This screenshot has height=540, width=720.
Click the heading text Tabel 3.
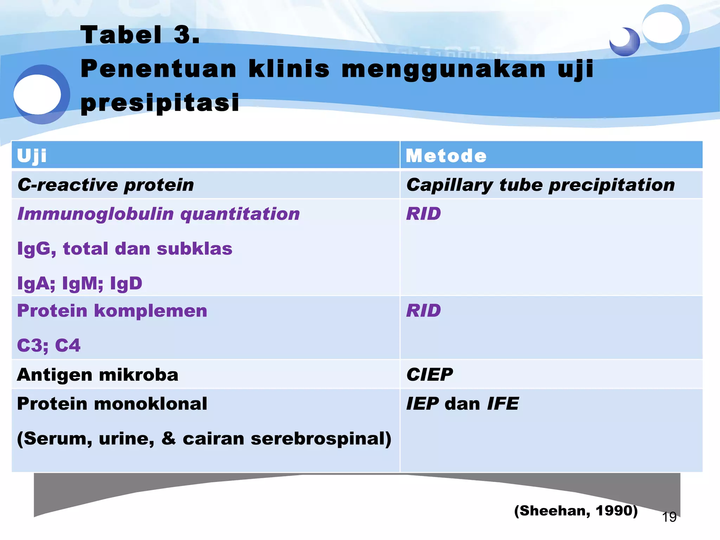(x=140, y=35)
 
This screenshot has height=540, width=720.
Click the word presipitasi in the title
(x=160, y=103)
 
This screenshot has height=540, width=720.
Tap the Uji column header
(x=32, y=156)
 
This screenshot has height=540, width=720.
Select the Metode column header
(x=446, y=156)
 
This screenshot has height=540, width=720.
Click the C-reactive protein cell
(x=105, y=185)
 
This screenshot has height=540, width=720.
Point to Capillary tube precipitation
(x=540, y=185)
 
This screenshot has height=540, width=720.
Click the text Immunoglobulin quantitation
(x=158, y=214)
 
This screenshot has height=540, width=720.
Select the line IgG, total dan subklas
(x=124, y=249)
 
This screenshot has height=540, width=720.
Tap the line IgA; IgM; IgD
(x=79, y=283)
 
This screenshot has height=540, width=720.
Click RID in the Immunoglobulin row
(x=423, y=214)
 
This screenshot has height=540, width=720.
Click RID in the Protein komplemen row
(x=423, y=311)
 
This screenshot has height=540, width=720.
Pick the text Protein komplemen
(x=112, y=311)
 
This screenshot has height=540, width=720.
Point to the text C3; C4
(x=49, y=345)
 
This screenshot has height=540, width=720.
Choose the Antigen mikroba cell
(x=97, y=375)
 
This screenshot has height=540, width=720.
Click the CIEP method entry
(x=429, y=375)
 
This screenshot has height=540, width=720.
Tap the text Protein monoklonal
(x=112, y=404)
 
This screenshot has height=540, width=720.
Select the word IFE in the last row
(x=503, y=404)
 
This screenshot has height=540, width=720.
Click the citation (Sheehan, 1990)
(x=576, y=510)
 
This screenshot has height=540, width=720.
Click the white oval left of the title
(x=37, y=94)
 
